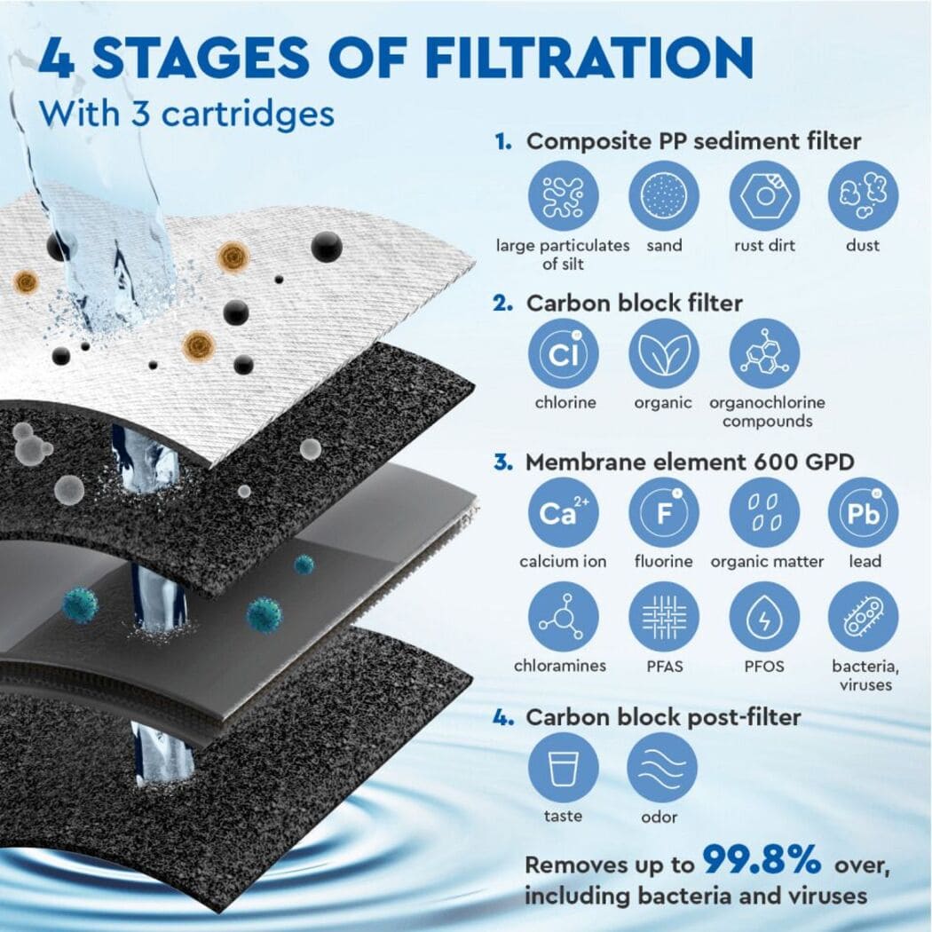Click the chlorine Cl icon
[564, 353]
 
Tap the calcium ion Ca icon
[564, 513]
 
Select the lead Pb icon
[863, 513]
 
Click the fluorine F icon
[663, 513]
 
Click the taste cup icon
[564, 768]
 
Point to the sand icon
[663, 196]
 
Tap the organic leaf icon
[663, 353]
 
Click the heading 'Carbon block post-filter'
[664, 716]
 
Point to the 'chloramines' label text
[561, 666]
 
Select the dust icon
[863, 196]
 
